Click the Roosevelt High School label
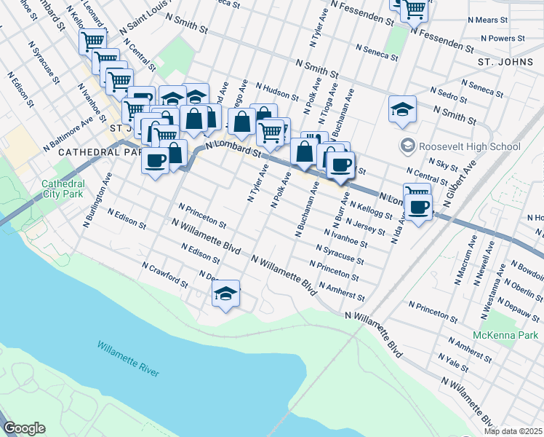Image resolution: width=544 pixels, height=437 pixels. (x=470, y=146)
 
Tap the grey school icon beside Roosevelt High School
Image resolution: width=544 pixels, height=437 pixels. (x=407, y=146)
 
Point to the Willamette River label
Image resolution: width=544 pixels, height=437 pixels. (x=128, y=358)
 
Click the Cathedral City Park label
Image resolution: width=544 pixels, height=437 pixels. (x=64, y=189)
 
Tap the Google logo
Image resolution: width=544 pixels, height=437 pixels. (x=24, y=428)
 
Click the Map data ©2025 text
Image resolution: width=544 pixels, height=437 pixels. (x=513, y=431)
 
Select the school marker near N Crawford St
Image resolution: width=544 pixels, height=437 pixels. (x=226, y=294)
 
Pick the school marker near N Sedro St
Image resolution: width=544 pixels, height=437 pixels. (x=402, y=109)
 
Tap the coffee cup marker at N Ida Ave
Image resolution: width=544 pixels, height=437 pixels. (x=418, y=208)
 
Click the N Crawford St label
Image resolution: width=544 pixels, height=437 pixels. (x=165, y=275)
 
